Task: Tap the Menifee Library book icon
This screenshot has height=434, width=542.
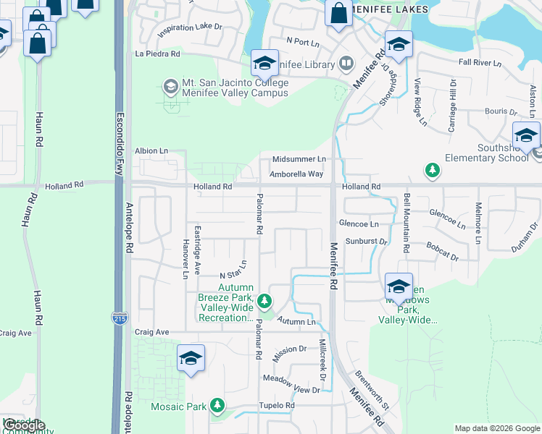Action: click(x=346, y=63)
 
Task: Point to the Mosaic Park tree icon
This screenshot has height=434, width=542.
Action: click(x=217, y=406)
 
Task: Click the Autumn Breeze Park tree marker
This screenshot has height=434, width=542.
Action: click(x=265, y=299)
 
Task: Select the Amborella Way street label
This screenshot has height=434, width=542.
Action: click(x=296, y=174)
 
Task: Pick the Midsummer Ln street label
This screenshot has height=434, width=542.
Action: click(x=299, y=159)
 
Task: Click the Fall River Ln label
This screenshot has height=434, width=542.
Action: click(x=480, y=64)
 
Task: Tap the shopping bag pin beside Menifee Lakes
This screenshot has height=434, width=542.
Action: click(x=338, y=14)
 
